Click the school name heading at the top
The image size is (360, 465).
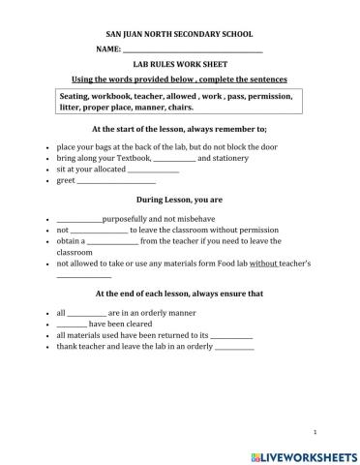(179, 32)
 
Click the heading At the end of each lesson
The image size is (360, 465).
(179, 293)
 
